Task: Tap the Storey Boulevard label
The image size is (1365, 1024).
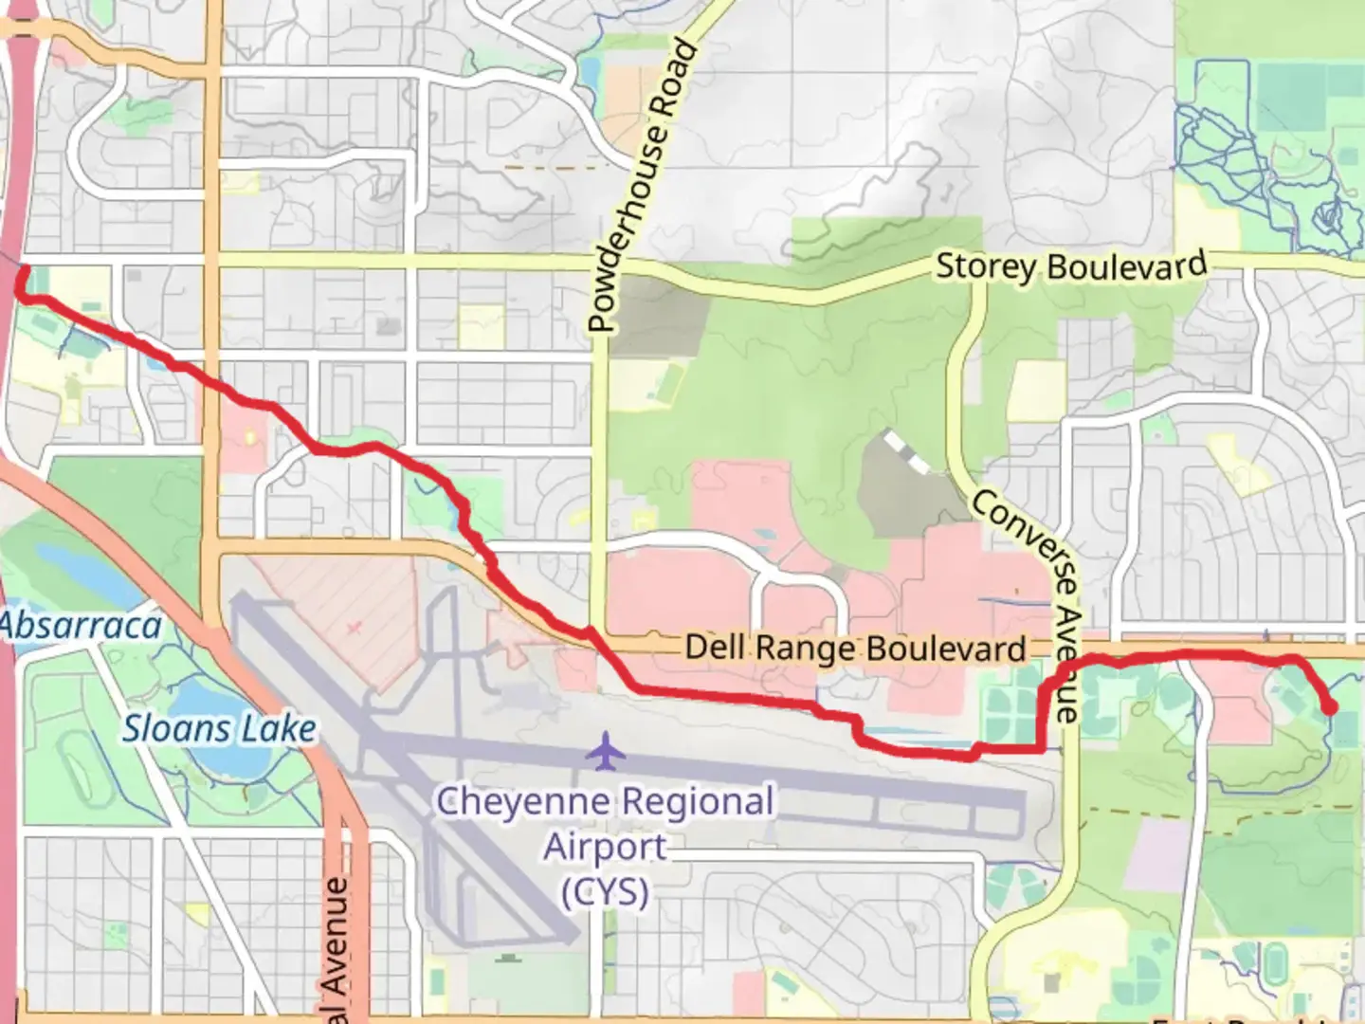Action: tap(1071, 265)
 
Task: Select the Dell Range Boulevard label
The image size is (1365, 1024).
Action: tap(855, 649)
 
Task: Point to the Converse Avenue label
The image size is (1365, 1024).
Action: tap(1028, 606)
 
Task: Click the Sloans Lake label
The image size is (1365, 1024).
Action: tap(219, 729)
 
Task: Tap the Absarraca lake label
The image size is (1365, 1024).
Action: tap(81, 626)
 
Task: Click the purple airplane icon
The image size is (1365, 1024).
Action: tap(605, 752)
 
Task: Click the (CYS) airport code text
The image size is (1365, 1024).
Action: tap(605, 892)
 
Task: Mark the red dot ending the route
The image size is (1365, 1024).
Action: tap(1329, 707)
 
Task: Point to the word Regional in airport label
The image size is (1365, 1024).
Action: tap(701, 802)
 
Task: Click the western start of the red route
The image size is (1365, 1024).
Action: tap(23, 272)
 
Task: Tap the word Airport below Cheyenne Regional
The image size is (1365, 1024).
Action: tap(605, 847)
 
